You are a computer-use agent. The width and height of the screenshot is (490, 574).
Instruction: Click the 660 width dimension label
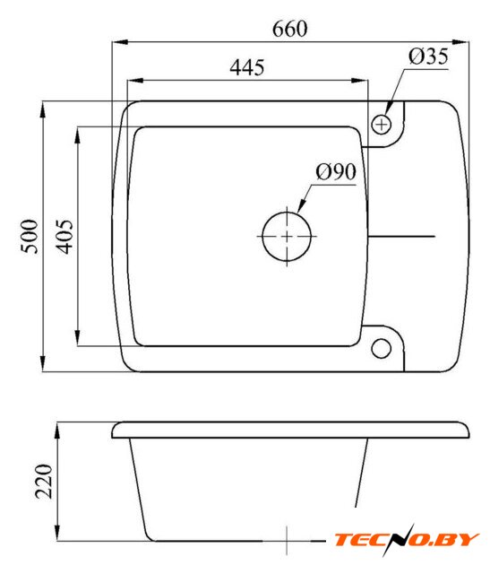coord(289,29)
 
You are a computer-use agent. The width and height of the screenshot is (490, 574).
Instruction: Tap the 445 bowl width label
coord(247,67)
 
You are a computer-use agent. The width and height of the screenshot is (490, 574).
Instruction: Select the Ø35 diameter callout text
coord(428,57)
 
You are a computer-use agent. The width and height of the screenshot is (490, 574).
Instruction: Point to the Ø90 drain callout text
coord(336,171)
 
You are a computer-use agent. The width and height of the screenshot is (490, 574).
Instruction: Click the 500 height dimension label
coord(30,237)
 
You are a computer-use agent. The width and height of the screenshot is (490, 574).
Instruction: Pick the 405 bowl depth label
coord(64,237)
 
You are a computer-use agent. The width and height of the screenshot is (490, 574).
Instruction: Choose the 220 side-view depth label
coord(44,482)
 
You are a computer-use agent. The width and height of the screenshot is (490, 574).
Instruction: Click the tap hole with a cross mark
coord(381,125)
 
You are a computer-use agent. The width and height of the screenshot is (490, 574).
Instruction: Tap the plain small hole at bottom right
coord(381,348)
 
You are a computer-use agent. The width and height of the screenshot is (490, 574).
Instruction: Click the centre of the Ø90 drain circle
coord(287,237)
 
